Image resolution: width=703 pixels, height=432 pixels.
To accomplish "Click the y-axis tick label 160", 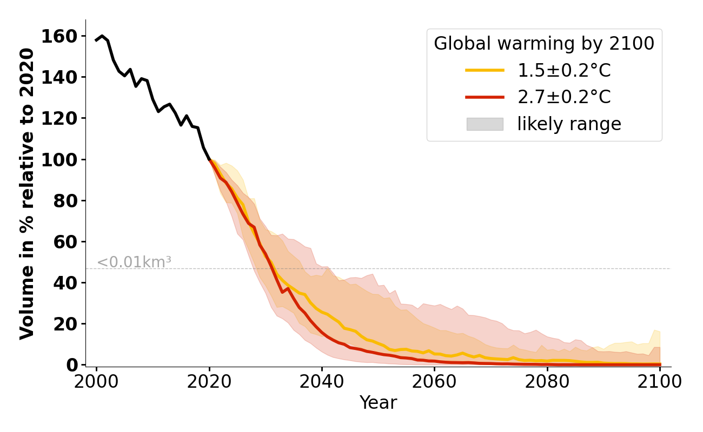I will pos(63,36).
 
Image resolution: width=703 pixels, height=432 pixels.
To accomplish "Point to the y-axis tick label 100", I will pos(63,160).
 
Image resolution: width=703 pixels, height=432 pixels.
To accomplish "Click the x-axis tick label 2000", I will pos(97,381).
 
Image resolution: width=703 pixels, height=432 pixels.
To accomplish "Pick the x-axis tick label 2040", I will pos(322,381).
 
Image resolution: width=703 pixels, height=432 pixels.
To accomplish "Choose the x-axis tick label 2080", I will pos(547,381).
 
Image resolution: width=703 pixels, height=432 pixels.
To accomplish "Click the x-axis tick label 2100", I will pos(660,381).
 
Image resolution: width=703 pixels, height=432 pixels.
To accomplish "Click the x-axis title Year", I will pos(378,403).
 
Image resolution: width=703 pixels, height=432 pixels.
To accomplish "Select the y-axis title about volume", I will pos(27,193).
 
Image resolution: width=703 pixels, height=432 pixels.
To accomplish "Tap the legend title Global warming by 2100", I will pos(544,44).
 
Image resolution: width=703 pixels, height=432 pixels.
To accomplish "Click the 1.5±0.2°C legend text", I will pos(564,71).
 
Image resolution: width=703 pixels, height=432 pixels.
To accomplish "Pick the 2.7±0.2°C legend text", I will pos(564,97).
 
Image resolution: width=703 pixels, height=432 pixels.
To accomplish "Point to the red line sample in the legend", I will pos(485,97).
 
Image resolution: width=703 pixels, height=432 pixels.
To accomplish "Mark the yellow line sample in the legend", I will pos(485,70).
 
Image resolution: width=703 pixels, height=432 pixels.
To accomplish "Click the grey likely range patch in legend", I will pos(485,124).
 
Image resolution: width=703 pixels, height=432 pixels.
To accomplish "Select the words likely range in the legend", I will pos(569,124).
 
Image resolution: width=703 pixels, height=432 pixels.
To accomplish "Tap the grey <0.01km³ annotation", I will pos(134,262).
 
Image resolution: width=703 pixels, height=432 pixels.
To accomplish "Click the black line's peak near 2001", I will pos(102,36).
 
